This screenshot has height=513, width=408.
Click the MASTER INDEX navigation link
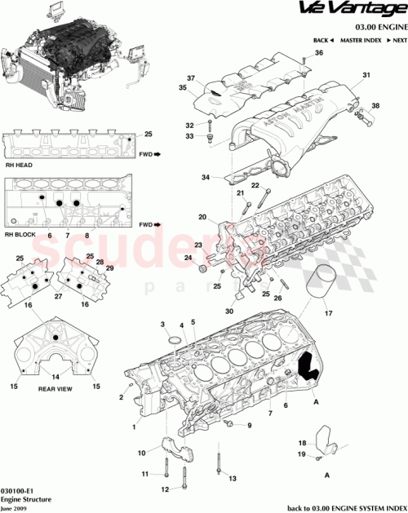click(x=361, y=40)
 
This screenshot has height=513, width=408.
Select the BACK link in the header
click(x=323, y=40)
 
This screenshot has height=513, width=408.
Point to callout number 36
click(x=319, y=53)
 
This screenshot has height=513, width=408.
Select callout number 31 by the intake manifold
click(x=366, y=76)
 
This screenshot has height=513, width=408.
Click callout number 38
click(x=376, y=106)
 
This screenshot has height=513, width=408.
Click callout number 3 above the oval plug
click(x=162, y=325)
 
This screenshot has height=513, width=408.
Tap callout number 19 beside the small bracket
click(x=300, y=455)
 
